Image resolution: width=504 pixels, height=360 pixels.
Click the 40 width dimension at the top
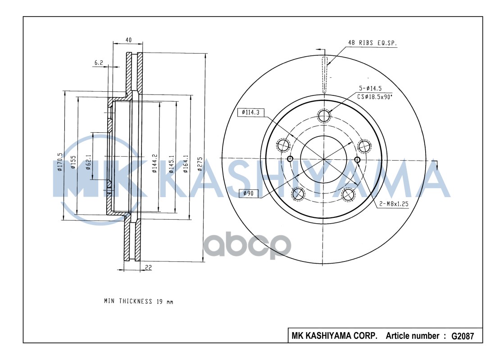click(128, 40)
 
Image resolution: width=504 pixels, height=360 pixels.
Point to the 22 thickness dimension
click(148, 268)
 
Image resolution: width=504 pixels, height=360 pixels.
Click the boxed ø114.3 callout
click(250, 112)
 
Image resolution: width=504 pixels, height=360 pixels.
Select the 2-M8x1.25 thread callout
click(393, 204)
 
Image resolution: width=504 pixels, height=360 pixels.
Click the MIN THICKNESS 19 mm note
click(138, 301)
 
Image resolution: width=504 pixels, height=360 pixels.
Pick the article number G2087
click(463, 336)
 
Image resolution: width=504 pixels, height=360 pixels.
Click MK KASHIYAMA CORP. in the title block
click(334, 336)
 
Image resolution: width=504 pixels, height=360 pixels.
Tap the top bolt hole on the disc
click(323, 116)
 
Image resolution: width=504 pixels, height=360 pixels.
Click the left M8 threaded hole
click(290, 159)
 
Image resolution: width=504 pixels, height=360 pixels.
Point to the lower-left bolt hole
click(298, 194)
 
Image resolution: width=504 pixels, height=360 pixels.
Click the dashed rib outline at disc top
click(324, 76)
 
